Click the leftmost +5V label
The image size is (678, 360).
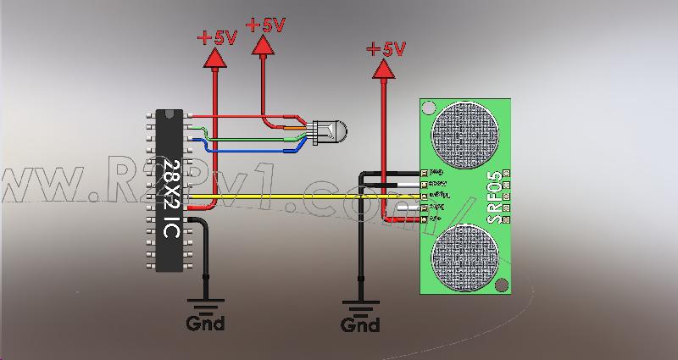pyautogui.click(x=217, y=37)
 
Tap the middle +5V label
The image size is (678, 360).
pyautogui.click(x=265, y=25)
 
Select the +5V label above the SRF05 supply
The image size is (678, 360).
pyautogui.click(x=386, y=48)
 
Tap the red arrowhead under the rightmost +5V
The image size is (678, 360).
pyautogui.click(x=386, y=69)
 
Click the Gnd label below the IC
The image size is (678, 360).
pyautogui.click(x=205, y=323)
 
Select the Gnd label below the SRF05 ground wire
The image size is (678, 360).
pyautogui.click(x=360, y=324)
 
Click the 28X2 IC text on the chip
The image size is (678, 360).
pyautogui.click(x=171, y=197)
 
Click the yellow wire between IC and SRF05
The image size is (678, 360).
pyautogui.click(x=297, y=197)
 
